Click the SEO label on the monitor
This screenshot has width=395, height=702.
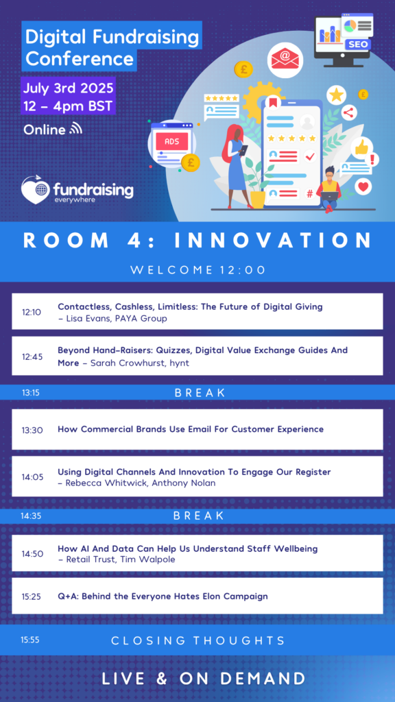(358, 45)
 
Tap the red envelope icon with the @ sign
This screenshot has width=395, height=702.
(285, 60)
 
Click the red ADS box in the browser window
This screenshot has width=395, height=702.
(172, 142)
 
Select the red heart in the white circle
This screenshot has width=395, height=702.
(363, 186)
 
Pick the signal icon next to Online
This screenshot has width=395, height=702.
(75, 129)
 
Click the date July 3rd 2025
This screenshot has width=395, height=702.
(69, 87)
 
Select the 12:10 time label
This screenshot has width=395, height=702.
(32, 312)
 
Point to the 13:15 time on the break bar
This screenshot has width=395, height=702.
(30, 393)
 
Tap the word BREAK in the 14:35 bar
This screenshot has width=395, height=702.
(198, 516)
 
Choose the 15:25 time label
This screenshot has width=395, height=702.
(32, 597)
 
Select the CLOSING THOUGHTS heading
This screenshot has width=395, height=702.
(198, 640)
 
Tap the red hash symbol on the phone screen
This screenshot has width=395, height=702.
(309, 194)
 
